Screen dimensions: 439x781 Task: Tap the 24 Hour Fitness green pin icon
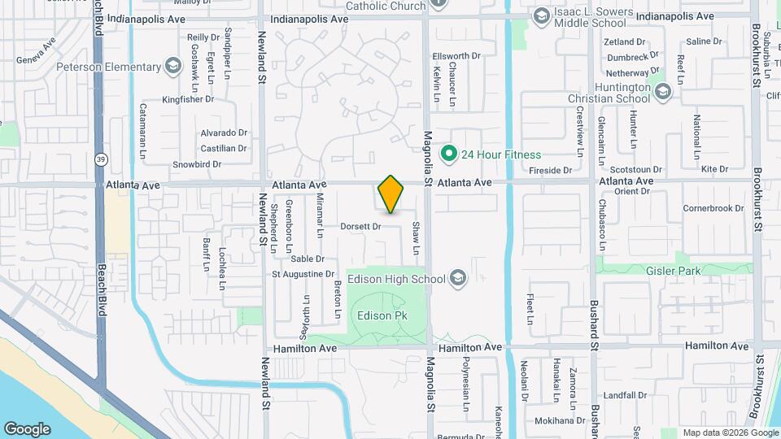[x=447, y=153]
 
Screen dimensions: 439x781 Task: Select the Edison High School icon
[x=458, y=279]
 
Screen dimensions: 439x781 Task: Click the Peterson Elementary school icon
[x=172, y=66]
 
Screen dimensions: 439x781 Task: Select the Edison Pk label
[x=382, y=316]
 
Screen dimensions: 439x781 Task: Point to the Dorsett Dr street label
[x=360, y=226]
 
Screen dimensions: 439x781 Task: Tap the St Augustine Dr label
[x=303, y=275]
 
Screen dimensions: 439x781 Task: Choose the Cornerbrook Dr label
[x=713, y=208]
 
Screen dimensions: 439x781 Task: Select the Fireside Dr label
[x=551, y=170]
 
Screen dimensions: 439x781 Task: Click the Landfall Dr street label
[x=626, y=395]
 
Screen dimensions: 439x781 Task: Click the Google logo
[x=27, y=428]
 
